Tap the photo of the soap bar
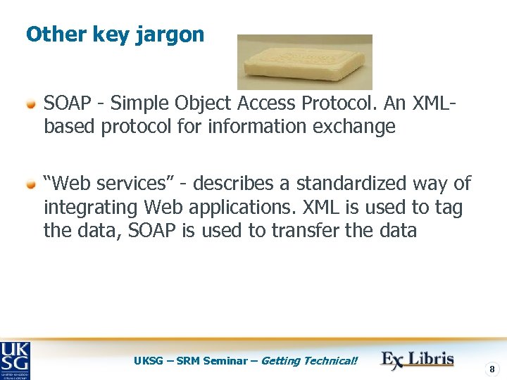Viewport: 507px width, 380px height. point(304,62)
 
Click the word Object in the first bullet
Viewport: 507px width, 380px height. point(205,103)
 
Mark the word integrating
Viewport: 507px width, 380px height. point(91,208)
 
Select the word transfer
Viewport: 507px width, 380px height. point(313,231)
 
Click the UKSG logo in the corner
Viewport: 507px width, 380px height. point(15,360)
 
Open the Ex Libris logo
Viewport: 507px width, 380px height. point(418,359)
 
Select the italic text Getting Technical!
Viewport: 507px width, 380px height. point(309,361)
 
